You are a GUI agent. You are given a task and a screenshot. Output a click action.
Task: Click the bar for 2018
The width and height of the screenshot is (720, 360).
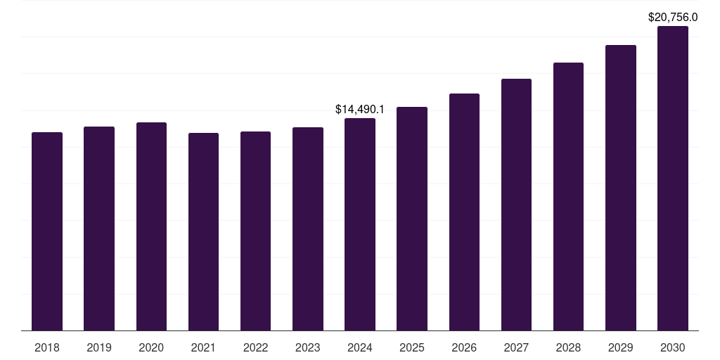coord(47,231)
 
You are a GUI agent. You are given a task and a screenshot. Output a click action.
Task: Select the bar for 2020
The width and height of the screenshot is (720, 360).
coord(151,226)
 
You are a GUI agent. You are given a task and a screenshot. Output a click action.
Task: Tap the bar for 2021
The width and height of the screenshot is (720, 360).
coord(203,231)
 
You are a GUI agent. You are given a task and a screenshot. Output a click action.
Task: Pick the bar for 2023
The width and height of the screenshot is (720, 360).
coord(308,229)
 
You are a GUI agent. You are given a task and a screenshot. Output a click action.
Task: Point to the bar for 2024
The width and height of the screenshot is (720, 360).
coord(360,224)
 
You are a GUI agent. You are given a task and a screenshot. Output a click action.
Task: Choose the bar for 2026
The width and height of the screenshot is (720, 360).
coord(464,212)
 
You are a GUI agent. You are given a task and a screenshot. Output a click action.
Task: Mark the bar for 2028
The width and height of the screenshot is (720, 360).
coord(568,196)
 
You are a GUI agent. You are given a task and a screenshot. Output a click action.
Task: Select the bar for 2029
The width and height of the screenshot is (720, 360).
coord(620,188)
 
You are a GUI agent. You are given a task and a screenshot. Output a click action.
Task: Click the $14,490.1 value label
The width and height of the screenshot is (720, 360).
coord(360,110)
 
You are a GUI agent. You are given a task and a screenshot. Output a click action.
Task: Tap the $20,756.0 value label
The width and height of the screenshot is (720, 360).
coord(672,18)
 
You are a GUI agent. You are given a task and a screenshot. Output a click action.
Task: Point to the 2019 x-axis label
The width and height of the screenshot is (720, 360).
coord(99,347)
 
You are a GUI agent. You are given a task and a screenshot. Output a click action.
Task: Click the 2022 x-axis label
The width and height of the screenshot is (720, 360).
coord(255,347)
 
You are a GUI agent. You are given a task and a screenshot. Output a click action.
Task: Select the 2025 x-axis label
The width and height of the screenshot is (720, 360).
coord(412,347)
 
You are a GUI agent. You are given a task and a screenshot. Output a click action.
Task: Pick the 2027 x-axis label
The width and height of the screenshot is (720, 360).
coord(516,347)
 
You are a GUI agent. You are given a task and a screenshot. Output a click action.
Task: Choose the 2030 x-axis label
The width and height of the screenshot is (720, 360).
coord(672,347)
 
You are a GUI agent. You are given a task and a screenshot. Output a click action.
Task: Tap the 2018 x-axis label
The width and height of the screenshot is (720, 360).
coord(47,347)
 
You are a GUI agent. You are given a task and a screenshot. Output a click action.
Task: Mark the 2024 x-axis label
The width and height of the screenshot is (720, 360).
coord(360,347)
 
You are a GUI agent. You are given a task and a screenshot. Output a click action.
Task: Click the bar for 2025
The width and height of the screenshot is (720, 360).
coord(412,219)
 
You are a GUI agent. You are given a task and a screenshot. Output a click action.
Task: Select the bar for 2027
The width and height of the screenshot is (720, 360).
coord(516,205)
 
